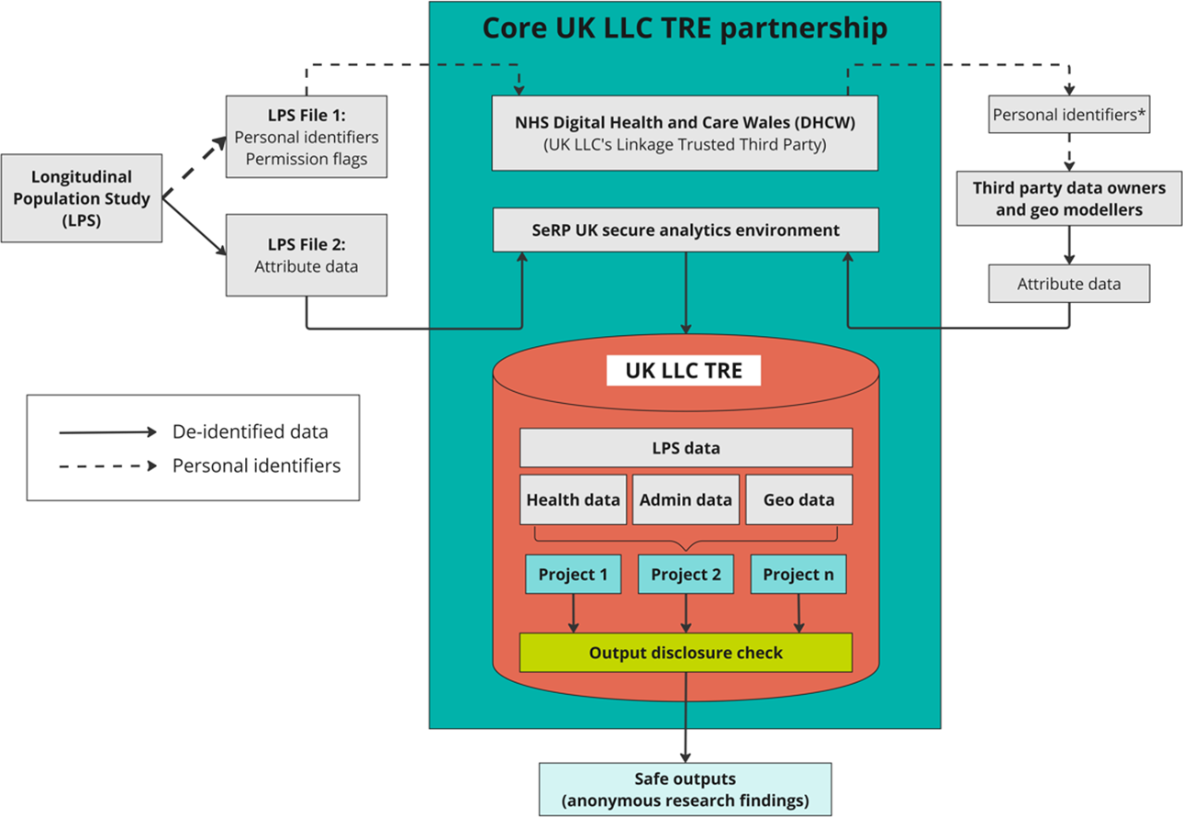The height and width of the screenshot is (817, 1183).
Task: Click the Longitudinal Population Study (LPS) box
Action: pos(82,198)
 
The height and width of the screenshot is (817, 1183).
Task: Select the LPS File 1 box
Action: pos(307,136)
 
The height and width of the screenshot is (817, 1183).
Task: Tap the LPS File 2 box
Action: pos(307,255)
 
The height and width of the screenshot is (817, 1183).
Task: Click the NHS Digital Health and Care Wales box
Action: pos(685,133)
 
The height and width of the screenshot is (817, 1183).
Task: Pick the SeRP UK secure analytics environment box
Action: pos(686,229)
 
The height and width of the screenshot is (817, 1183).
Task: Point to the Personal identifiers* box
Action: pos(1069,114)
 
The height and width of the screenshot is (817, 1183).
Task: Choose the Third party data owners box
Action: pos(1069,198)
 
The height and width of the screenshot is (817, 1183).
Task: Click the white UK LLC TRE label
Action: pos(684,370)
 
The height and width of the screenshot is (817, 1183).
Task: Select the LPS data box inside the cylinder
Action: pos(686,448)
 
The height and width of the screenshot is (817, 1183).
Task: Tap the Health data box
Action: pos(573,499)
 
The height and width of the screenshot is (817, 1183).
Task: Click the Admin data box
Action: pos(686,499)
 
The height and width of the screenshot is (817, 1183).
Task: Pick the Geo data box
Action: pos(798,499)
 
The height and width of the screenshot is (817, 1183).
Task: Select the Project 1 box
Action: pos(573,574)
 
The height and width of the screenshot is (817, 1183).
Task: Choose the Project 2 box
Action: pos(686,574)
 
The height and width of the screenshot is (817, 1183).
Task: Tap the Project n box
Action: pos(798,574)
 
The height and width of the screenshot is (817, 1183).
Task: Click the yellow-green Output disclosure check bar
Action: pos(686,653)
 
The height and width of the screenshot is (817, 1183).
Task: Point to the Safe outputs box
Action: pos(685,789)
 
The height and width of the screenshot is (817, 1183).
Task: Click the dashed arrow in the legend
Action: pos(108,465)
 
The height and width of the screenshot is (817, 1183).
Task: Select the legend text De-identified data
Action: pos(251,431)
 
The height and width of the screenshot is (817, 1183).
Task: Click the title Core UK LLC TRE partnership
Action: pos(685,28)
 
